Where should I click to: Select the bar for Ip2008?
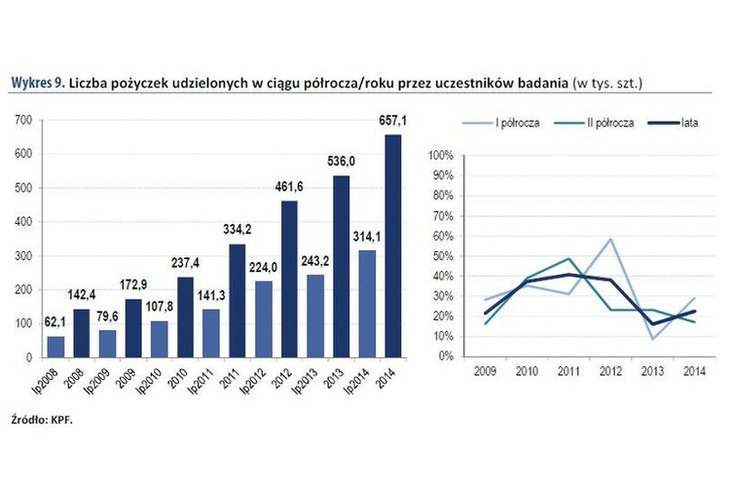(x=55, y=347)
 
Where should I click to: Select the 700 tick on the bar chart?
(x=24, y=120)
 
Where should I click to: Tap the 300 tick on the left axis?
(x=24, y=255)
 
